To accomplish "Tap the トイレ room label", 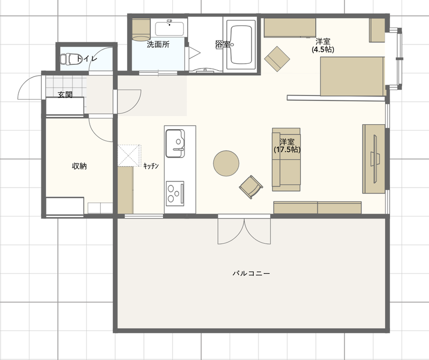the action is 87,58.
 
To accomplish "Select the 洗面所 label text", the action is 158,44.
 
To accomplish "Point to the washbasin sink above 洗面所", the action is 169,28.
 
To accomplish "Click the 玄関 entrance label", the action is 65,95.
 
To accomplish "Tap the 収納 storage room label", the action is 79,166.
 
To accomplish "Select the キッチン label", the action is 151,166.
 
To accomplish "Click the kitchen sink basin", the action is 175,143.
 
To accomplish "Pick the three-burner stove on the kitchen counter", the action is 175,193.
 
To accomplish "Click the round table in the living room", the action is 226,163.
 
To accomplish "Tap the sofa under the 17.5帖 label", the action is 286,160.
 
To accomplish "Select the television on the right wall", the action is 374,159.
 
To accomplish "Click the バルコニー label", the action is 251,273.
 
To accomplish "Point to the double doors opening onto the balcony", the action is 245,230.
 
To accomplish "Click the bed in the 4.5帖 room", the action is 352,76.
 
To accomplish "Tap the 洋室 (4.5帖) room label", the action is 323,46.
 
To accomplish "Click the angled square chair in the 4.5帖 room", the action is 277,59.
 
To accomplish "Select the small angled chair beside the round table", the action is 251,187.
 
